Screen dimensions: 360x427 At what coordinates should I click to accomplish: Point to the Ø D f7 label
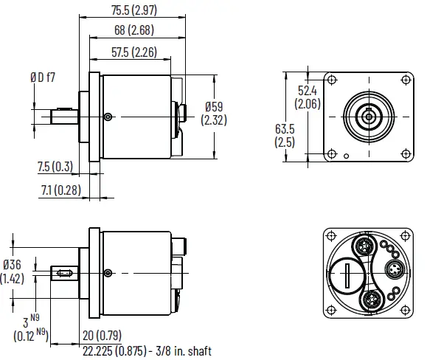tap(44, 76)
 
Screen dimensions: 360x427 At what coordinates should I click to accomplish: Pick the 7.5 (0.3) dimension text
tap(55, 167)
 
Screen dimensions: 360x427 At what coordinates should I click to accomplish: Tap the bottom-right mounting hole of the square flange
tap(404, 153)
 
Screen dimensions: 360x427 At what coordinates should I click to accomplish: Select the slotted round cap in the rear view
tap(346, 278)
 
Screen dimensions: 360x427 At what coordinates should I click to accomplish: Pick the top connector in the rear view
tap(364, 244)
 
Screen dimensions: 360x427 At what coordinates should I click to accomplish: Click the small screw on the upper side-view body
tap(108, 117)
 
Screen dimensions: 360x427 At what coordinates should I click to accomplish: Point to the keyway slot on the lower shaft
tap(62, 274)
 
